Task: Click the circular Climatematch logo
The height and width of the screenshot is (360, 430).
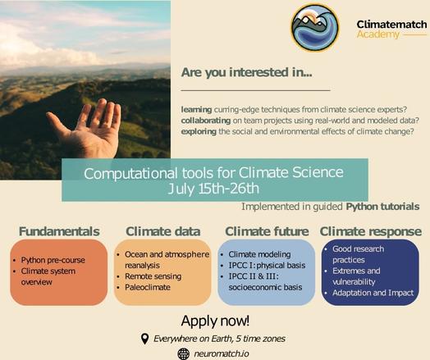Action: pyautogui.click(x=315, y=28)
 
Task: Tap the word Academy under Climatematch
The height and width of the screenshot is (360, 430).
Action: pyautogui.click(x=378, y=34)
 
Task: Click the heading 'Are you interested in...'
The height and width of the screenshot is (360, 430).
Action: pyautogui.click(x=246, y=72)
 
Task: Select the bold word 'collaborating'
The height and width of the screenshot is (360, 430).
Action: pyautogui.click(x=206, y=121)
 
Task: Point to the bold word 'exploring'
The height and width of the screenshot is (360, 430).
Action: pyautogui.click(x=199, y=132)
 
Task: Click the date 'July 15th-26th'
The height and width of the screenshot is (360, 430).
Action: pyautogui.click(x=213, y=189)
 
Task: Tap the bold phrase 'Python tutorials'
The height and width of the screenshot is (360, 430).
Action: pyautogui.click(x=382, y=207)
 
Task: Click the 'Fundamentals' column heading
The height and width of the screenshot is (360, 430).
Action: pyautogui.click(x=59, y=231)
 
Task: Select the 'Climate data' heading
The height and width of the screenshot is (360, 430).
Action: pyautogui.click(x=163, y=231)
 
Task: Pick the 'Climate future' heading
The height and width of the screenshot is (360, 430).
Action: pyautogui.click(x=267, y=231)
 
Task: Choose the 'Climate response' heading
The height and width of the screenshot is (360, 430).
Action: pyautogui.click(x=370, y=232)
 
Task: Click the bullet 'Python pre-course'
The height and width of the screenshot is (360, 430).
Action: pyautogui.click(x=53, y=260)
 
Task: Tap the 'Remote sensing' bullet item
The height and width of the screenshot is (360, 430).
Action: pyautogui.click(x=153, y=276)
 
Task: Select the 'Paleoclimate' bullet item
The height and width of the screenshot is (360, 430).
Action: pyautogui.click(x=148, y=287)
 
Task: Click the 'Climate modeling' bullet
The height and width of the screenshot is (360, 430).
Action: pyautogui.click(x=259, y=254)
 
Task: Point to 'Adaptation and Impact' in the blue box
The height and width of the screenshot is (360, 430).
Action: pyautogui.click(x=373, y=293)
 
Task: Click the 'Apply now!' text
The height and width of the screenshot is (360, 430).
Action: pyautogui.click(x=215, y=321)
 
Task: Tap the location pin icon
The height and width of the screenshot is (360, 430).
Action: pyautogui.click(x=144, y=339)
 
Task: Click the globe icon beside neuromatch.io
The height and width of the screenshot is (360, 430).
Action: pyautogui.click(x=184, y=354)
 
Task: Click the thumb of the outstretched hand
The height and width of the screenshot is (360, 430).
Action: pyautogui.click(x=58, y=122)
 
